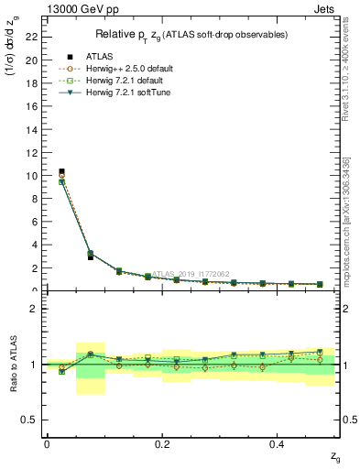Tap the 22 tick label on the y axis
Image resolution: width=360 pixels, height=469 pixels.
click(31, 37)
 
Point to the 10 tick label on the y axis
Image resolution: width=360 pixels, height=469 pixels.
click(31, 175)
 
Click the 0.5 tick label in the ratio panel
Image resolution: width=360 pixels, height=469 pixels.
click(29, 420)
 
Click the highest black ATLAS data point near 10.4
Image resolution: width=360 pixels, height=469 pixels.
click(61, 171)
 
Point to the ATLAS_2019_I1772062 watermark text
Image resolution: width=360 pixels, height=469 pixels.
click(191, 273)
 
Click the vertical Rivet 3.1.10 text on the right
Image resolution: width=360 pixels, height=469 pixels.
click(354, 82)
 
